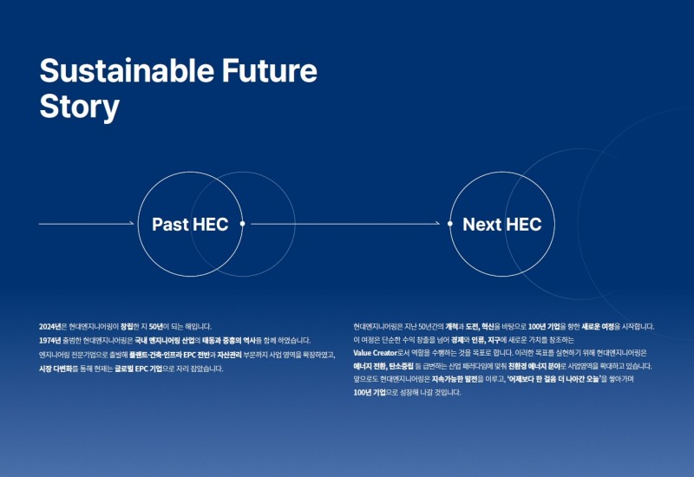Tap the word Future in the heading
point(270,70)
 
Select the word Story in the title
point(79,107)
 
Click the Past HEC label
point(190,225)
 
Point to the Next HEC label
point(501,225)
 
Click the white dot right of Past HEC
point(242,224)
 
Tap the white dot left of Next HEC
point(449,224)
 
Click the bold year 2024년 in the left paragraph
point(50,326)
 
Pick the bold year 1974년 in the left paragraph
point(50,340)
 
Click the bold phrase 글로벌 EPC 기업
point(139,369)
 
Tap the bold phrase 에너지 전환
point(370,368)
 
